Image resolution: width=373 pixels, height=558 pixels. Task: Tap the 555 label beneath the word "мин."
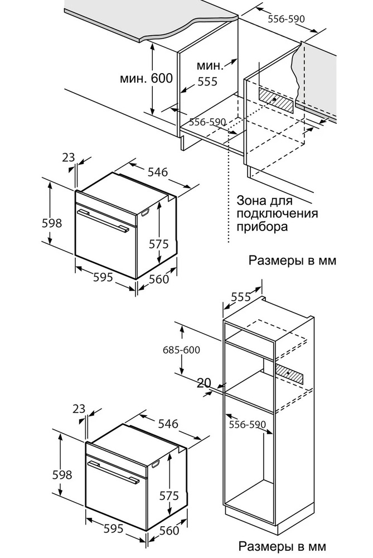(x=207, y=81)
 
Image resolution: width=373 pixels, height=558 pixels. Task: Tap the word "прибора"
(x=262, y=227)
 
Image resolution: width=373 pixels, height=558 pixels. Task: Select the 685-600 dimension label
(x=181, y=350)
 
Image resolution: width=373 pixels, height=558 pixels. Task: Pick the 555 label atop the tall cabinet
(x=240, y=297)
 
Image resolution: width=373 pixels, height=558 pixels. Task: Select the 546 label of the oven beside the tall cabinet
(x=167, y=424)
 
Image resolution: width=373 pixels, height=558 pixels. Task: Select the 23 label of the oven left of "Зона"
(x=69, y=157)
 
